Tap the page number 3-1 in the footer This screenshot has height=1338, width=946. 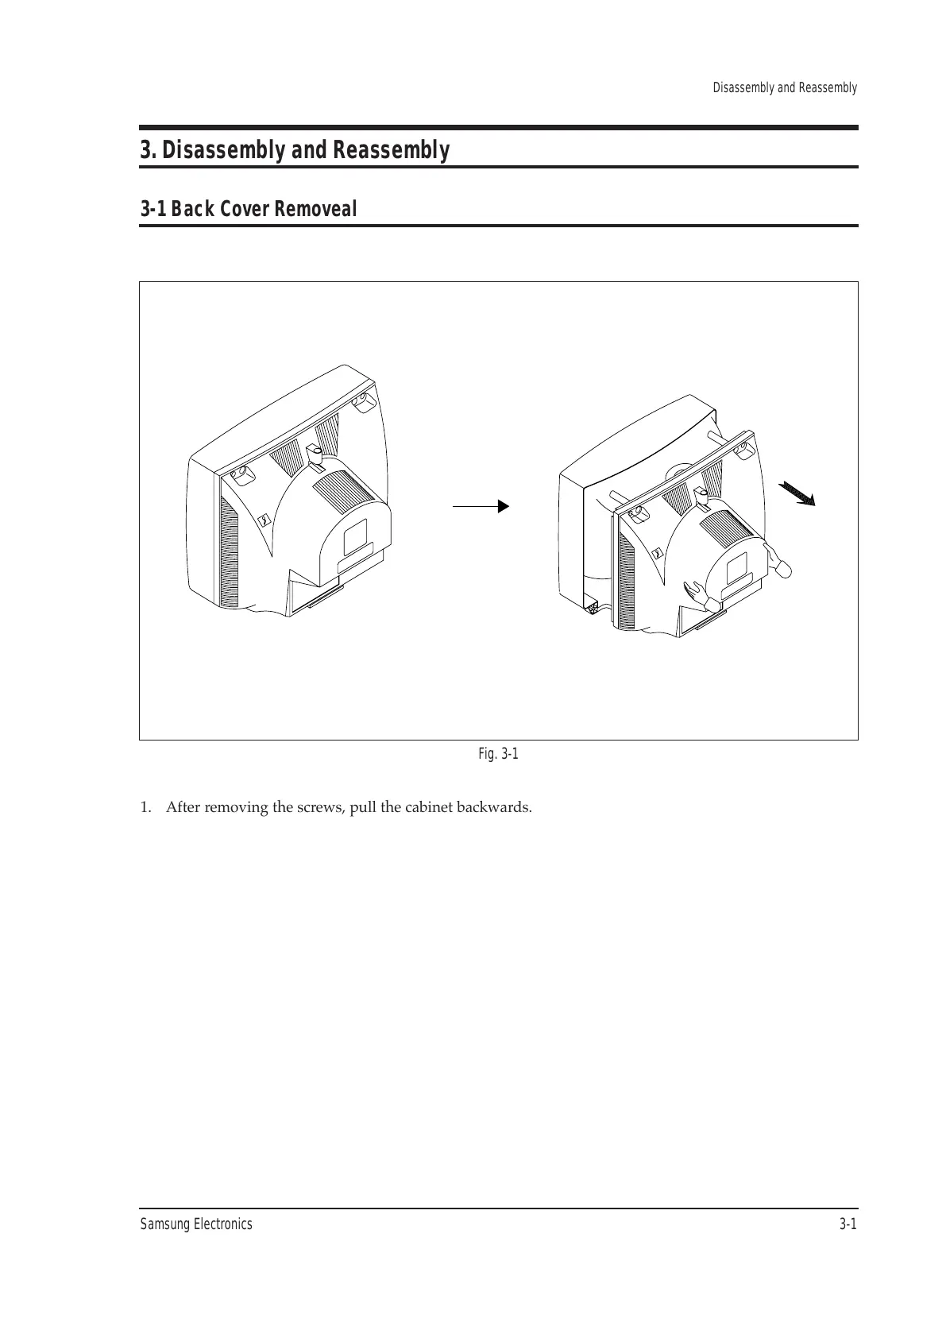point(848,1224)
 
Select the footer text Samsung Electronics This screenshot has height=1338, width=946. point(196,1224)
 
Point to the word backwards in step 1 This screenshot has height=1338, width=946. point(497,808)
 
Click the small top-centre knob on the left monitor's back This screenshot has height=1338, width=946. point(314,454)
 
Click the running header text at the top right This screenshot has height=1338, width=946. point(784,87)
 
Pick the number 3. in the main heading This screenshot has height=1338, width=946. point(149,150)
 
